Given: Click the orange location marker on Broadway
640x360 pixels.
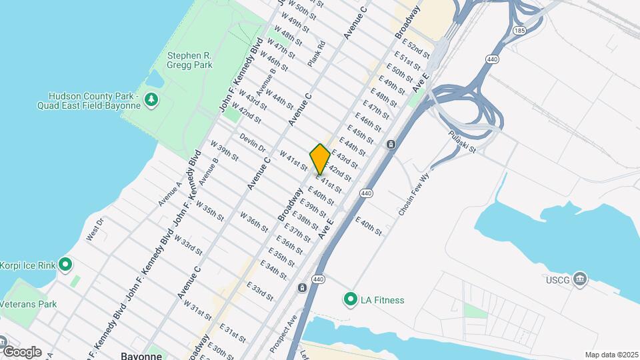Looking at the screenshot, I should pos(320,159).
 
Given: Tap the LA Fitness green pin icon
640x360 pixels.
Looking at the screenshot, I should pos(350,300).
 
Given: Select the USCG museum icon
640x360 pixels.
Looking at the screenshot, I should pos(580,279).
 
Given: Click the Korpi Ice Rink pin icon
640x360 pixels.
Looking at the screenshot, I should pos(65,265).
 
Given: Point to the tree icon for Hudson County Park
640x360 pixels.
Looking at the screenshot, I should pos(153,100).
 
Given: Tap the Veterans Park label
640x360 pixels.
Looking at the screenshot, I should pos(28,304).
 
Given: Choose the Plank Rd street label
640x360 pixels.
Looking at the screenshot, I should pos(317,53).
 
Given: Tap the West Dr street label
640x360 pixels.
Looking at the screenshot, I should pos(95,229).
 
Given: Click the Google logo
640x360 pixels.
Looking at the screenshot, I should pos(21,352).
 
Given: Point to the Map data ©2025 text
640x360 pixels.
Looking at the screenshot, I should pos(611,355).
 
